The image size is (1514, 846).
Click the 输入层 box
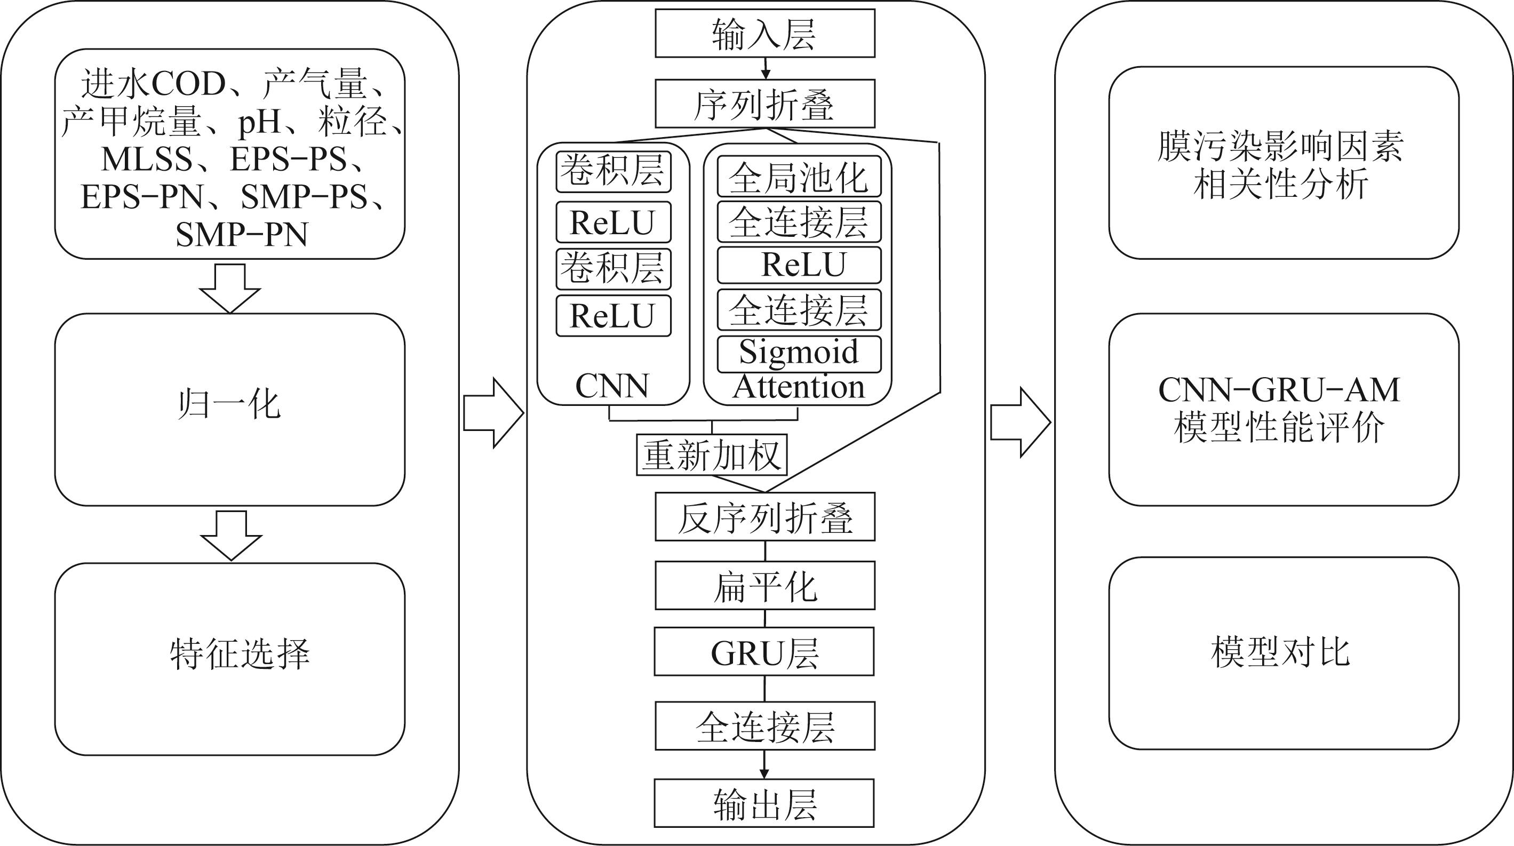click(764, 34)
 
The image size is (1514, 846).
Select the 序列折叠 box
click(764, 103)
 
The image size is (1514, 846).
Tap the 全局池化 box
click(799, 176)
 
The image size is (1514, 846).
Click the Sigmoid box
click(799, 354)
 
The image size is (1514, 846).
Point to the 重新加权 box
click(712, 454)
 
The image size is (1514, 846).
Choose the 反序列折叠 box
click(764, 517)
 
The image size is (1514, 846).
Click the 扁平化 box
click(764, 586)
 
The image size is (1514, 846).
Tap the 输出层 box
click(764, 803)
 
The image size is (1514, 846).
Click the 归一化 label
click(229, 405)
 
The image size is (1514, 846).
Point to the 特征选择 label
click(240, 654)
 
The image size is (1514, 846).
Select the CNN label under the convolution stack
click(612, 386)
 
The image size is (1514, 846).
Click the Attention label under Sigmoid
click(799, 387)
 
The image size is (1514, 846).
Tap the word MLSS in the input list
click(147, 158)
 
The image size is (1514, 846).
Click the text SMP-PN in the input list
click(242, 234)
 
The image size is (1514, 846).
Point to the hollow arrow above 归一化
click(230, 288)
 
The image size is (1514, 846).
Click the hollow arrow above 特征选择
click(231, 534)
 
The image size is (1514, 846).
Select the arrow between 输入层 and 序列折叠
click(764, 68)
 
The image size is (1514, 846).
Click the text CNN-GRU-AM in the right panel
click(1279, 389)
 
